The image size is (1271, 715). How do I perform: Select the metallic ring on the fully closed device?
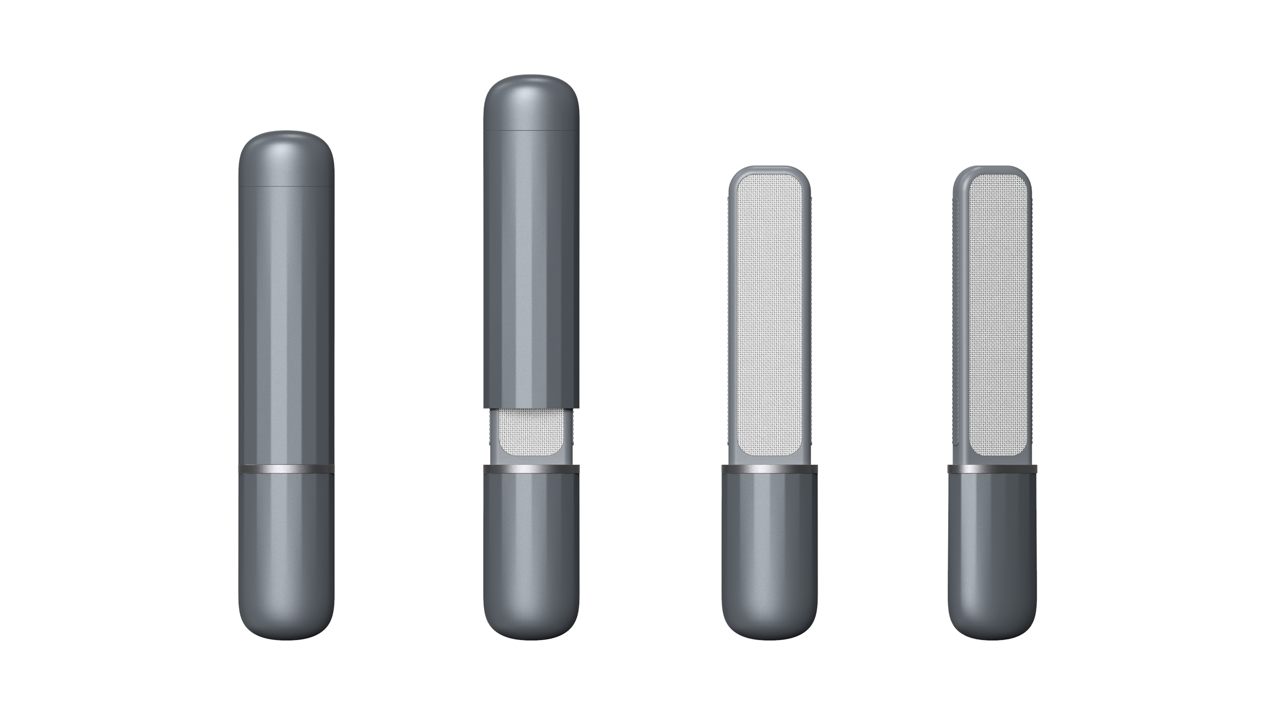pos(286,469)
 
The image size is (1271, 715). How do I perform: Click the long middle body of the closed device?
pos(286,326)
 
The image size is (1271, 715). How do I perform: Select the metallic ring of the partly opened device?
pos(531,469)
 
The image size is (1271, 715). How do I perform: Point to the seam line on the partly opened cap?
pos(531,130)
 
